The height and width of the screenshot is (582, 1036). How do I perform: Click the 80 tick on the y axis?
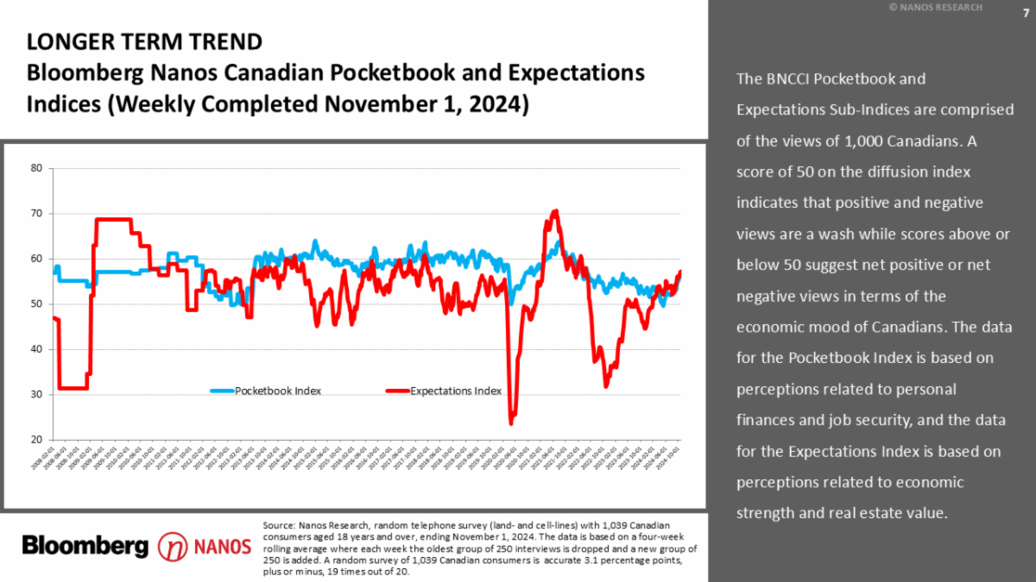(x=37, y=168)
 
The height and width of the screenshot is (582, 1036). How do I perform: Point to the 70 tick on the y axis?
(x=37, y=213)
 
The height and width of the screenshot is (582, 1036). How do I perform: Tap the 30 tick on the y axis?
(x=37, y=394)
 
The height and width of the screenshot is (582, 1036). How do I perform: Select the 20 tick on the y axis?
(x=37, y=440)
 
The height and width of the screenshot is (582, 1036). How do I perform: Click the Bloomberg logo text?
(x=85, y=545)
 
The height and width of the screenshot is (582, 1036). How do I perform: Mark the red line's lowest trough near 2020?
(x=511, y=422)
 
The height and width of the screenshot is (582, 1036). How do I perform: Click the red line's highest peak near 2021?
(x=555, y=211)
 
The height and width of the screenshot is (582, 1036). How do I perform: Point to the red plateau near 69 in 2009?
(x=112, y=219)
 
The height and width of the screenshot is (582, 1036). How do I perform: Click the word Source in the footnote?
(x=278, y=525)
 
